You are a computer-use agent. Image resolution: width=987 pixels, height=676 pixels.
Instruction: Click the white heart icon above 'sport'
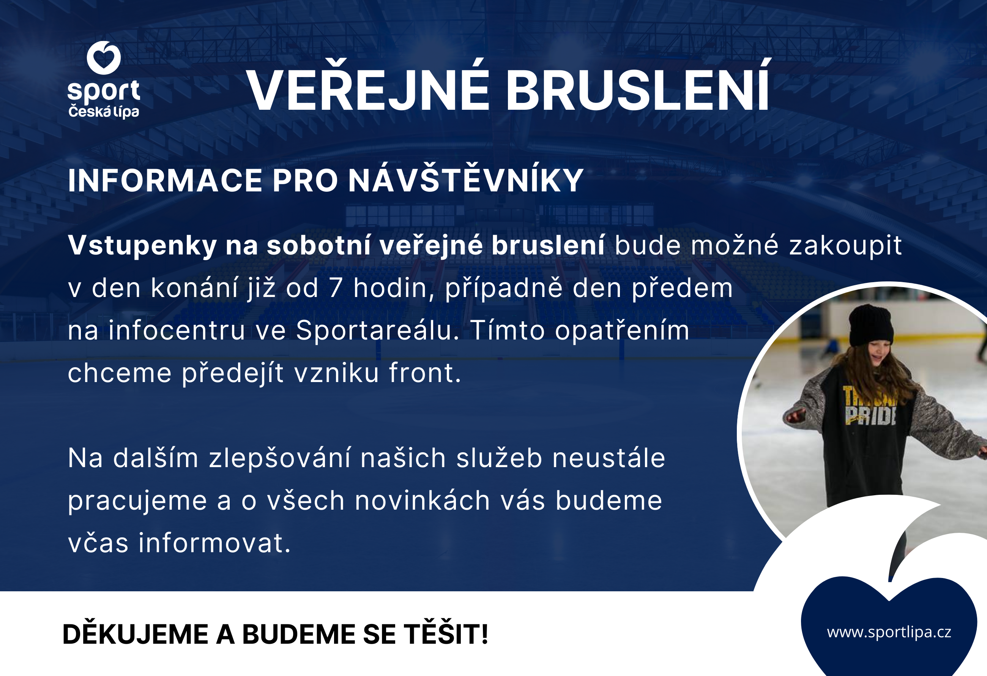point(104,57)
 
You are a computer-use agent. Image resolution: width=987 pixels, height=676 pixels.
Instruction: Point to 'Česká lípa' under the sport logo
point(104,112)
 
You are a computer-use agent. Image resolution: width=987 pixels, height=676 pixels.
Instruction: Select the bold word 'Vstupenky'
point(142,246)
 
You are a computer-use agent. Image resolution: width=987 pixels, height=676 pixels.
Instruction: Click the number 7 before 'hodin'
point(336,288)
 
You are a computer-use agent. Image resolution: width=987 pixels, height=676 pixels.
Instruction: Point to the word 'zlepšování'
point(280,458)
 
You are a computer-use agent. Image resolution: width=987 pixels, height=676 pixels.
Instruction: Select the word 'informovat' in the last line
point(214,543)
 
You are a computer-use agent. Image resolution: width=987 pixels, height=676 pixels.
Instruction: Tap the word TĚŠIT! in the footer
point(446,634)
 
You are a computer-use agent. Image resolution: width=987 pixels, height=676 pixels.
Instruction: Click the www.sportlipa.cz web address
point(889,633)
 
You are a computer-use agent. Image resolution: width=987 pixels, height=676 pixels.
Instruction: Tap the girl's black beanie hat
point(870,325)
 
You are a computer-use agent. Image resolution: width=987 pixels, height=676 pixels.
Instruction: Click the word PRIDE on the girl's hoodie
point(870,415)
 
